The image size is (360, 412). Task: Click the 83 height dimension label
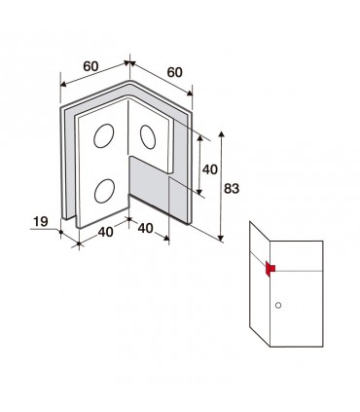tap(232, 189)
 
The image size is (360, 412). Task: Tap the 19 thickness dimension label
tap(41, 222)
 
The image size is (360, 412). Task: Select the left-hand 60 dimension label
tap(90, 66)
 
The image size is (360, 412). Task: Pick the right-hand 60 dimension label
tap(175, 72)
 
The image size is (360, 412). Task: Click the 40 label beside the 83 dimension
tap(210, 169)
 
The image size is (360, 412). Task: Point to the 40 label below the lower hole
tap(106, 232)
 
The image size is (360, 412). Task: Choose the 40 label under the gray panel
tap(146, 228)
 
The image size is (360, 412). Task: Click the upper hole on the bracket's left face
tap(104, 135)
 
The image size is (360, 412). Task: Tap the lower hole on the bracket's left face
tap(104, 191)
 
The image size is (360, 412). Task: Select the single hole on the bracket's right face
tap(148, 137)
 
